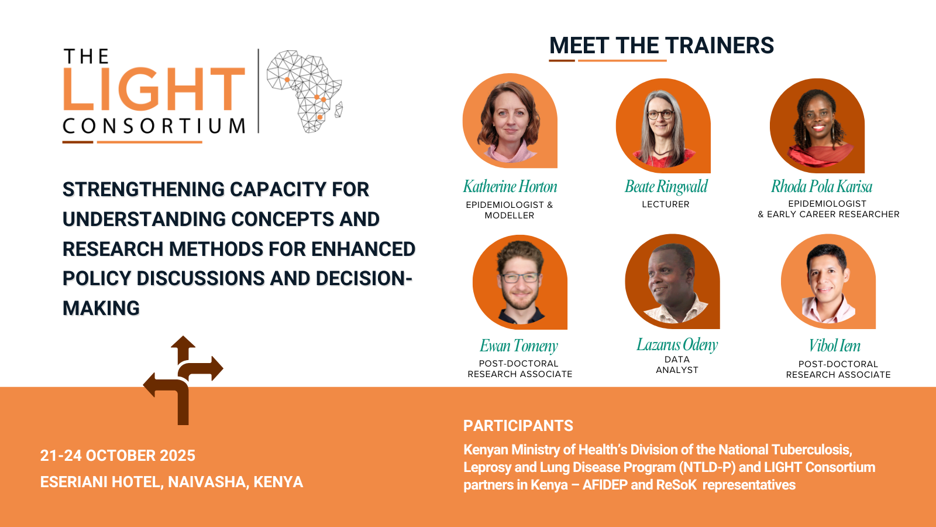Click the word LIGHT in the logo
[154, 88]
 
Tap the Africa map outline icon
[305, 91]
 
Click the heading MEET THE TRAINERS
[662, 45]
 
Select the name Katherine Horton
[510, 187]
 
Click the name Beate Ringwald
[666, 187]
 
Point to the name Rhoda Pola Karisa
[821, 187]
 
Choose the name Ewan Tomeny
[518, 346]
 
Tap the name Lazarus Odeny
[677, 345]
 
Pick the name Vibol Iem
[834, 346]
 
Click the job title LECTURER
[666, 204]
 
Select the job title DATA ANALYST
[677, 365]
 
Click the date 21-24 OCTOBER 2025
[118, 456]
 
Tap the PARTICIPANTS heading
[518, 426]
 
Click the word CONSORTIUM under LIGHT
[154, 126]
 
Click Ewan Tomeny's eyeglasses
[520, 278]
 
